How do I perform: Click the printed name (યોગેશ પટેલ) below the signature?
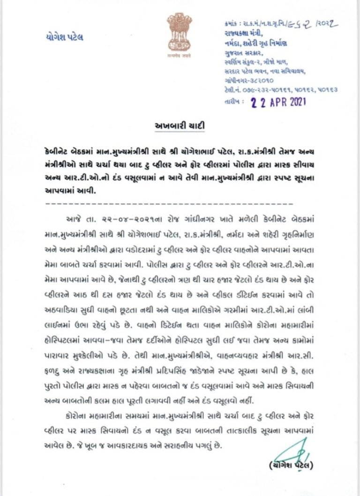click(x=291, y=466)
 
